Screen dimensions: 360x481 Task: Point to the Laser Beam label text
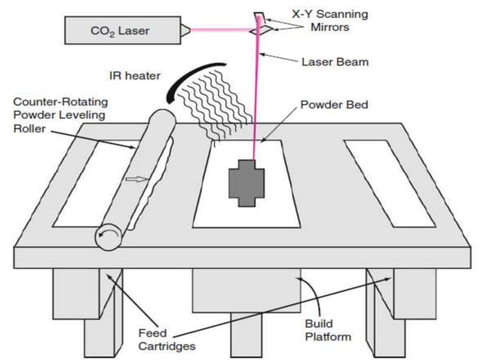point(334,62)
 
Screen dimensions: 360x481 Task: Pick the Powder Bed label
point(334,105)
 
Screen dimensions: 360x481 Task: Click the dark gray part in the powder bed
point(246,182)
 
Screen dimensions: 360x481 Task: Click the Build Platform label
point(325,330)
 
